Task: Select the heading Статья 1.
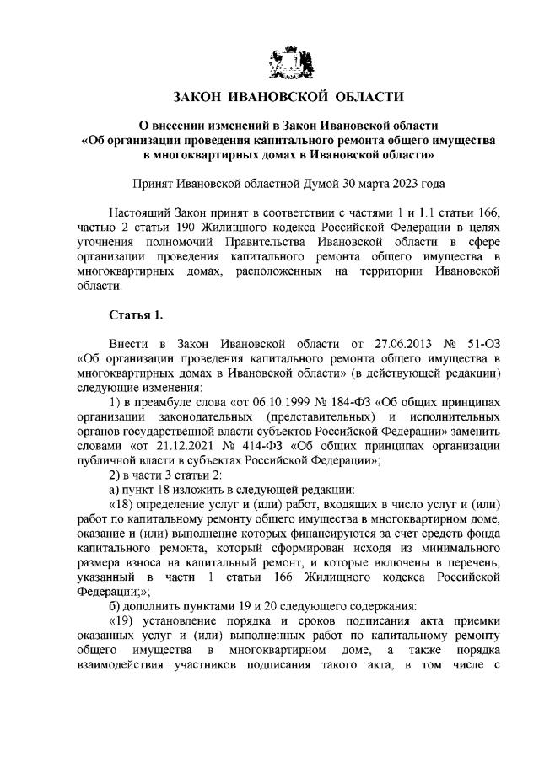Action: [136, 315]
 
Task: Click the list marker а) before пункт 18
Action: [116, 489]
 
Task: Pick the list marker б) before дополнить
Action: [116, 605]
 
